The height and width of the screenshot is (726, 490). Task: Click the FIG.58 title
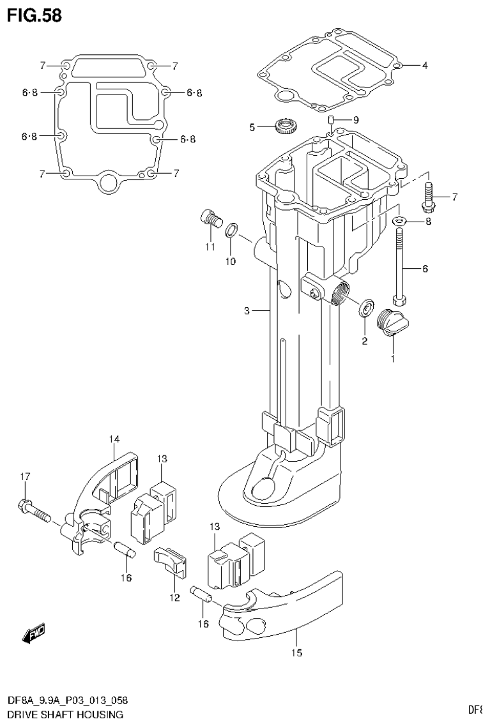[x=34, y=15]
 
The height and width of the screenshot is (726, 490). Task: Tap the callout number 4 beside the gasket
[x=425, y=65]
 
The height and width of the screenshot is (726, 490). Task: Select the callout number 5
[x=252, y=128]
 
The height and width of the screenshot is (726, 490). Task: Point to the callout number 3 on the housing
[x=246, y=311]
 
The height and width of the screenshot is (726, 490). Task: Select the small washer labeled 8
[x=400, y=222]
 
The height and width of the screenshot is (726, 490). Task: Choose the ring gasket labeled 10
[x=233, y=229]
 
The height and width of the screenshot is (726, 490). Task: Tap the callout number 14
[x=114, y=439]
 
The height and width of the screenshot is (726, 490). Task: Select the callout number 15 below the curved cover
[x=296, y=653]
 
